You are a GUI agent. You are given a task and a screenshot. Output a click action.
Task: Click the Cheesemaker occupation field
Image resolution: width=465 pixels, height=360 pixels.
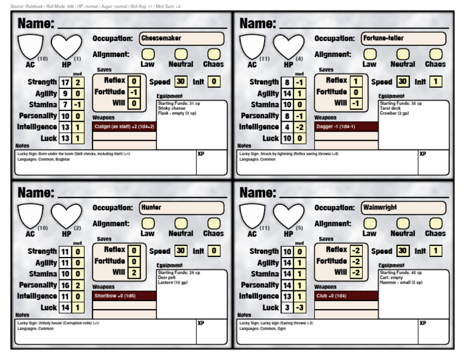[181, 38]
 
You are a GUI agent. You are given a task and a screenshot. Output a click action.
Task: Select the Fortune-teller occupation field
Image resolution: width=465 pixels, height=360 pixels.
[403, 38]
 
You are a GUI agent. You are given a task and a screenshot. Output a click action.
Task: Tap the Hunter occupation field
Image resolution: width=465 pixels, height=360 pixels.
[181, 207]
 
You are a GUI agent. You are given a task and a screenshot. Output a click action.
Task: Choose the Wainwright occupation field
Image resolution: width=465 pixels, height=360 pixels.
[403, 207]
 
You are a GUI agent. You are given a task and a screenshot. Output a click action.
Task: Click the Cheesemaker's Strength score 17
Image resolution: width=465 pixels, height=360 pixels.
[65, 82]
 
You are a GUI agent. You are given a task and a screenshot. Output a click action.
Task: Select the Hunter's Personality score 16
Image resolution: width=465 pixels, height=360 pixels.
[65, 285]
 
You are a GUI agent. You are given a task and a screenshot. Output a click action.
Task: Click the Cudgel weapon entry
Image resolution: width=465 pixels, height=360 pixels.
[124, 127]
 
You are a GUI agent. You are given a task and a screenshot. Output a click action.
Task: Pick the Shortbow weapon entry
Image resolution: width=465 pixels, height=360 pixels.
[124, 296]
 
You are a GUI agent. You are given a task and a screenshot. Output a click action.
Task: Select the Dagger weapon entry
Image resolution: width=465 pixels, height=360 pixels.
[346, 127]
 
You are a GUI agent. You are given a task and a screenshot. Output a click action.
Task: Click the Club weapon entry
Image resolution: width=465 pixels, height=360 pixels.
[346, 296]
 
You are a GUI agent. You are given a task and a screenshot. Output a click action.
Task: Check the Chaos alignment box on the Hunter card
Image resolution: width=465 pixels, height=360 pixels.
[213, 223]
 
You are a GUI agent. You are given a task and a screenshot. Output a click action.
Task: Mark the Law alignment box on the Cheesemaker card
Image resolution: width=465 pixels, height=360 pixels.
[147, 54]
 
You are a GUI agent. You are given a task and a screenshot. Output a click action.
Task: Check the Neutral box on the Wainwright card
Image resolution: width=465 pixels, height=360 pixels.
[403, 223]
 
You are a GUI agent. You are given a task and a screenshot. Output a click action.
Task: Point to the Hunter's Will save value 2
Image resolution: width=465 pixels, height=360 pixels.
[134, 272]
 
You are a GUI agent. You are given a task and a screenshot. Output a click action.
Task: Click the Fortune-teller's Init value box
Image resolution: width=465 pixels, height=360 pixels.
[436, 81]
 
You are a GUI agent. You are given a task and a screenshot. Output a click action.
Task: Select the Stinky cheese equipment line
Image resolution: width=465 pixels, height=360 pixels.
[171, 108]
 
